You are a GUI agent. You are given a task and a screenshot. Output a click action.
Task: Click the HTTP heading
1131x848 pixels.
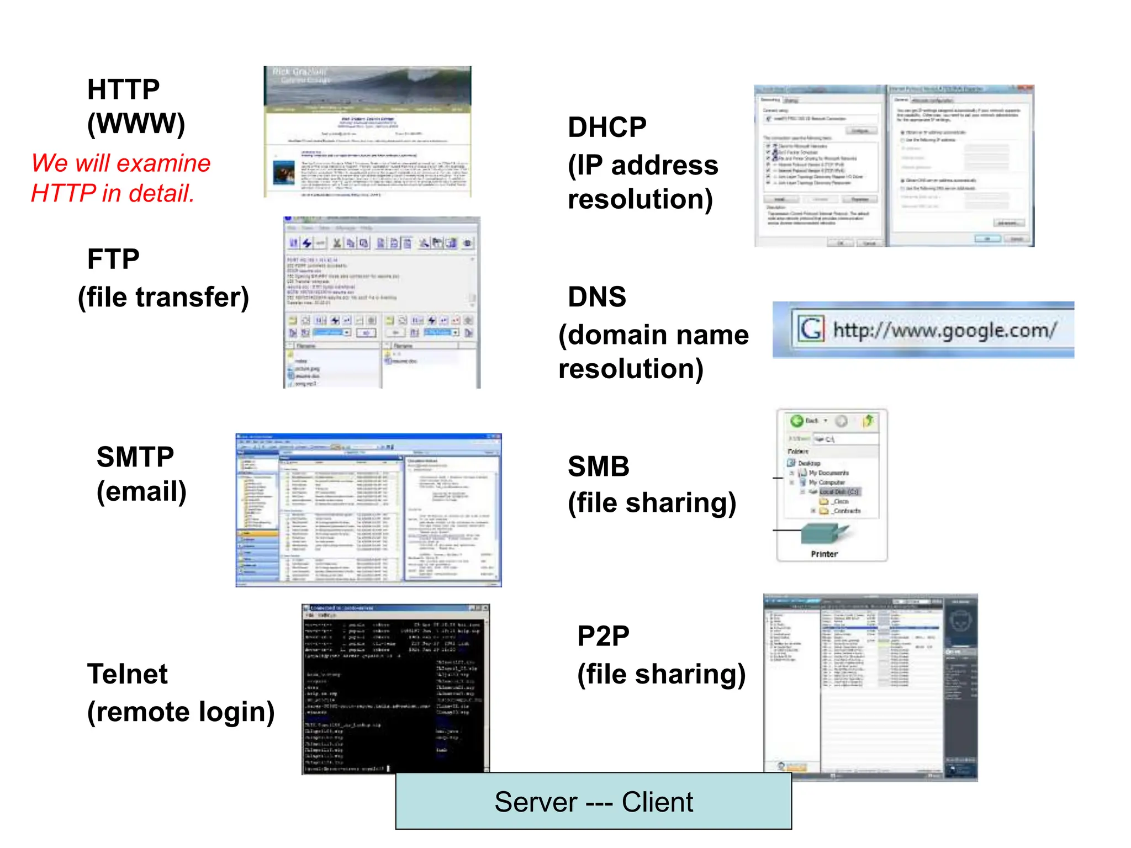[x=123, y=89]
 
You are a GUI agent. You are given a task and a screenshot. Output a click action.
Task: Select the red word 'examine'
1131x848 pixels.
[x=163, y=163]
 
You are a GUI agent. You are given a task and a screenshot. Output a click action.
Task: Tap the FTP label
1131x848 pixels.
[x=113, y=259]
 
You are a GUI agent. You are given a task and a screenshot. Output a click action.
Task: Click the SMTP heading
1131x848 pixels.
[x=135, y=457]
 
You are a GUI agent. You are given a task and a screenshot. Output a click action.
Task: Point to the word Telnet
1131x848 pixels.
[x=127, y=674]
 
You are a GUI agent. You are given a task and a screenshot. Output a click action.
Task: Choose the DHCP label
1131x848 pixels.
[x=607, y=128]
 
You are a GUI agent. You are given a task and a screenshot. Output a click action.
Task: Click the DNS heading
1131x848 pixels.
[x=597, y=297]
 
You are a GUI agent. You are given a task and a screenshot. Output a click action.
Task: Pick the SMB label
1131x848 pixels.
[x=599, y=467]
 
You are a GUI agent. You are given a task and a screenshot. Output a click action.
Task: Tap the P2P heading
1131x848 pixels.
[x=603, y=636]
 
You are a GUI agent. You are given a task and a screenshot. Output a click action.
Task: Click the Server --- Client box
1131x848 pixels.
[x=594, y=801]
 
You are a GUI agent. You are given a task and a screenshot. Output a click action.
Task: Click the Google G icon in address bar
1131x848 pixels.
[x=811, y=329]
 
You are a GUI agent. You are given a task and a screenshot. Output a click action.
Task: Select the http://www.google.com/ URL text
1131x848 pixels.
[x=945, y=330]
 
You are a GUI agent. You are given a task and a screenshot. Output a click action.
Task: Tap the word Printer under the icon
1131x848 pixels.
[x=824, y=554]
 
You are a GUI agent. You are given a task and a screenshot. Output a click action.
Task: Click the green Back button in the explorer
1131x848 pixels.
[x=797, y=421]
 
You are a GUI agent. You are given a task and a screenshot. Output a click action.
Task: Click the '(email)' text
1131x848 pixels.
[x=141, y=491]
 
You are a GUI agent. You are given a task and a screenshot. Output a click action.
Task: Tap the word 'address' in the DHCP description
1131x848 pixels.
[x=665, y=166]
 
